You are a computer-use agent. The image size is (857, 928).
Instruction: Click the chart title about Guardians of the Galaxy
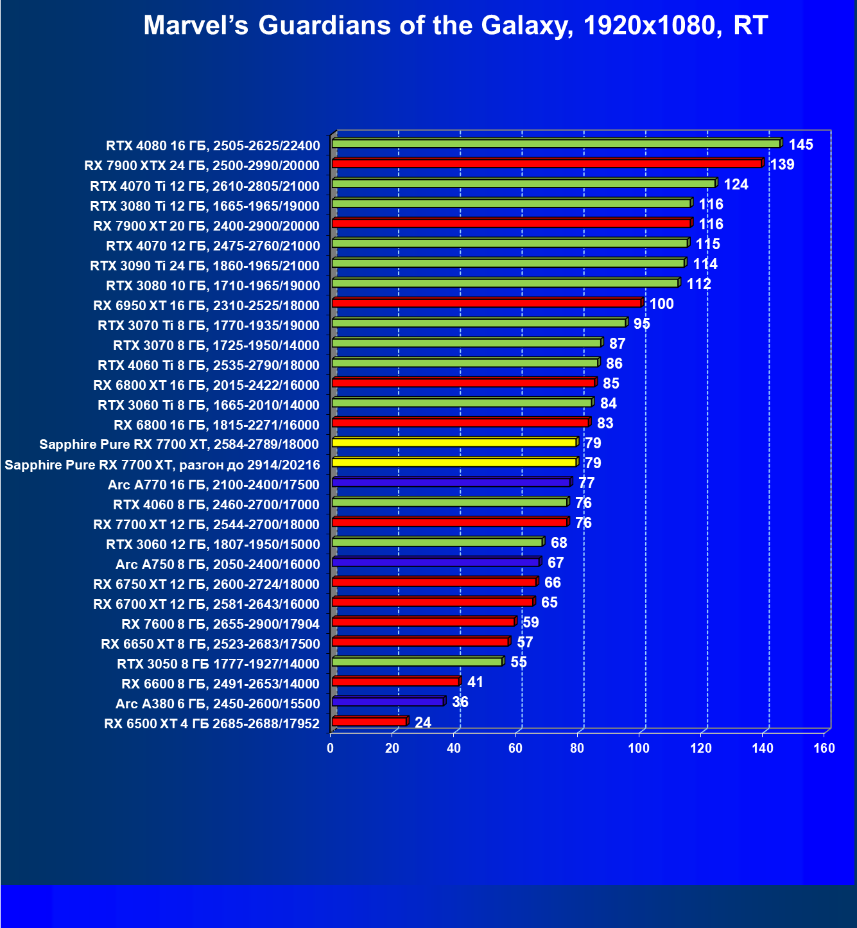[x=455, y=26]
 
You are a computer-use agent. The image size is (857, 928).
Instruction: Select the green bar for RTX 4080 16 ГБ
[x=556, y=144]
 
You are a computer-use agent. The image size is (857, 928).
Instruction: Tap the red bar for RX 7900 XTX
[x=547, y=164]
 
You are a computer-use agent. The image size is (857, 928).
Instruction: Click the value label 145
[x=801, y=144]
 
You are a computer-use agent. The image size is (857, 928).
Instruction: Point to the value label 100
[x=661, y=304]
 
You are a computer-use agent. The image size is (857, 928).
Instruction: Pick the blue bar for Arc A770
[x=451, y=482]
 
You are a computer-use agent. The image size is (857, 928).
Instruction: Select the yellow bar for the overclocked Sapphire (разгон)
[x=454, y=462]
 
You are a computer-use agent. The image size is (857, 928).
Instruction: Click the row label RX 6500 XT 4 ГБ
[x=212, y=724]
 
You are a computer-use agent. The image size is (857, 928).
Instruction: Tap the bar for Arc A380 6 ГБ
[x=388, y=702]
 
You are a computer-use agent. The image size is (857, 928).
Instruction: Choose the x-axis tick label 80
[x=577, y=748]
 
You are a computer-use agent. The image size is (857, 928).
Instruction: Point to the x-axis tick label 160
[x=824, y=748]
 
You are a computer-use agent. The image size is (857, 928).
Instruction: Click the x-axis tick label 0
[x=331, y=748]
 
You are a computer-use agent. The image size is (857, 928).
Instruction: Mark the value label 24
[x=423, y=722]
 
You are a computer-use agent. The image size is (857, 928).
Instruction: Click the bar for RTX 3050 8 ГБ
[x=417, y=661]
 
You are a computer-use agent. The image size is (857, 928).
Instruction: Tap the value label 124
[x=736, y=184]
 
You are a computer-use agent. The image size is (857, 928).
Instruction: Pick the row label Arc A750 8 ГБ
[x=218, y=565]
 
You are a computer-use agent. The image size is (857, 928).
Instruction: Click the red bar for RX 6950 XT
[x=487, y=303]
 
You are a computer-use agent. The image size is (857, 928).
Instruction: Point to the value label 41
[x=475, y=682]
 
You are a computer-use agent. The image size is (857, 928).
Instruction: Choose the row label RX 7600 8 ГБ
[x=220, y=624]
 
